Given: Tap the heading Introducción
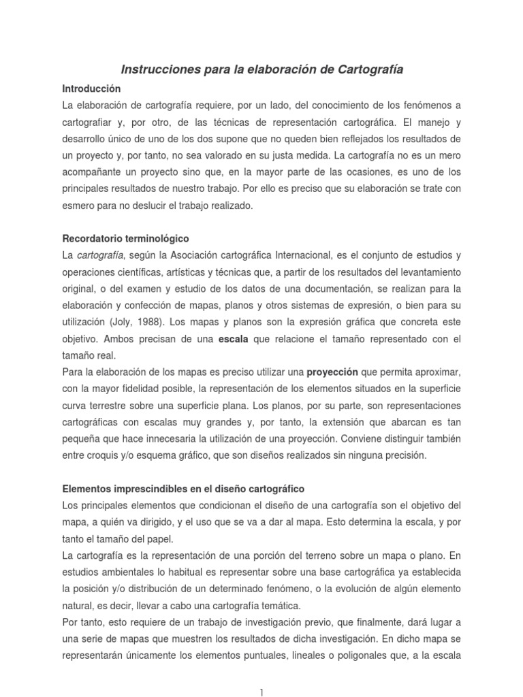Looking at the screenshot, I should (91, 88).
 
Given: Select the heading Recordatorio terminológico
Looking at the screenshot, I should (126, 239).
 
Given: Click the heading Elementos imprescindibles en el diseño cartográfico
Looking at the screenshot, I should (183, 489).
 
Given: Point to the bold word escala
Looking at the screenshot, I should (233, 339).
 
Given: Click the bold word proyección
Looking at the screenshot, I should (332, 372).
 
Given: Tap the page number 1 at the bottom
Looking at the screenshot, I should (261, 692).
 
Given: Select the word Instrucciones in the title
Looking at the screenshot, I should (158, 69).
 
